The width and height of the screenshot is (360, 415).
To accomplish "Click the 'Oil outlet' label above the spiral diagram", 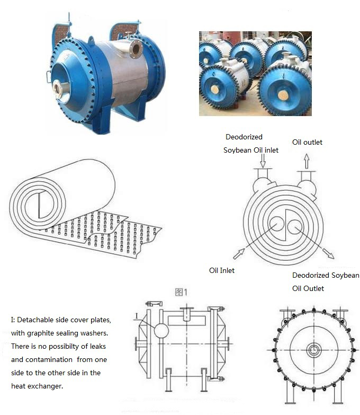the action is pos(307,142).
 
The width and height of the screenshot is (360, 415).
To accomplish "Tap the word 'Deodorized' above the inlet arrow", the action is pos(244,137).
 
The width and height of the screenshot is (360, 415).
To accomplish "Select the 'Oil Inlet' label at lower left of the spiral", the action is pos(222,270).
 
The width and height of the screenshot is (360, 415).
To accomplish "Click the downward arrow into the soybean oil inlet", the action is pos(263,161).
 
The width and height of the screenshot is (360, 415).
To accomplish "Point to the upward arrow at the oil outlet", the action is pos(307,161).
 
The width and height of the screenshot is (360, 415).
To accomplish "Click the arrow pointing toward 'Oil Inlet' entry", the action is pos(239,254).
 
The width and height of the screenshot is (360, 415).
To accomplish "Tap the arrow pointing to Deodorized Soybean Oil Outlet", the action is pos(329,253).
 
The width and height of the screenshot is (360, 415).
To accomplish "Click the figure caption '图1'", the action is pos(181,292).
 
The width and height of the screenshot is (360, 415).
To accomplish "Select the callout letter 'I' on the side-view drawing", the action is pos(137,316).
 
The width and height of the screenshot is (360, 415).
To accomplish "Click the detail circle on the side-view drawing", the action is pos(161,330).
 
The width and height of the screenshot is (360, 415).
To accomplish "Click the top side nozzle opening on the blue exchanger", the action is pos(136,49).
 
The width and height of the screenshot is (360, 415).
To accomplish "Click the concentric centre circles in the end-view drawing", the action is pos(314,350).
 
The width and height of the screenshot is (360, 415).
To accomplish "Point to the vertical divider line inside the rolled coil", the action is pos(39,206).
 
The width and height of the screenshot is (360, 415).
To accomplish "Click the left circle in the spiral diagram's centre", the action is pos(277,225).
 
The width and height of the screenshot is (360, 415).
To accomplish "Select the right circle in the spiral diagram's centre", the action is pos(295,227).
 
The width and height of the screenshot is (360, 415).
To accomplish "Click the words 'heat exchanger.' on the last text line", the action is pos(37,386).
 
